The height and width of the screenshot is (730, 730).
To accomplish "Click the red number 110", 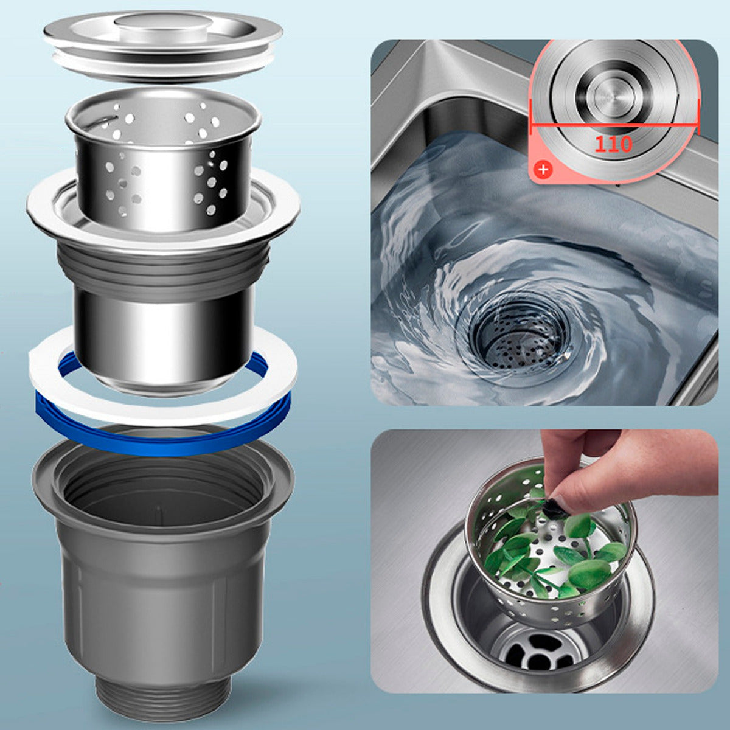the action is (x=614, y=144).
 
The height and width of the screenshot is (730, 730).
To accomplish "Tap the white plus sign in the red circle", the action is (x=544, y=169).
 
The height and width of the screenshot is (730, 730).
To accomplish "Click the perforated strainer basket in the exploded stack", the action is (x=163, y=159).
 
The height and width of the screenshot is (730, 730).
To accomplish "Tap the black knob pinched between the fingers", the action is (x=551, y=507).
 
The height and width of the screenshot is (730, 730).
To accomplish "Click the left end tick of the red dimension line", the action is (x=532, y=117).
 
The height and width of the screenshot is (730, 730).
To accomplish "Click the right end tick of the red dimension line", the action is (x=698, y=117).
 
